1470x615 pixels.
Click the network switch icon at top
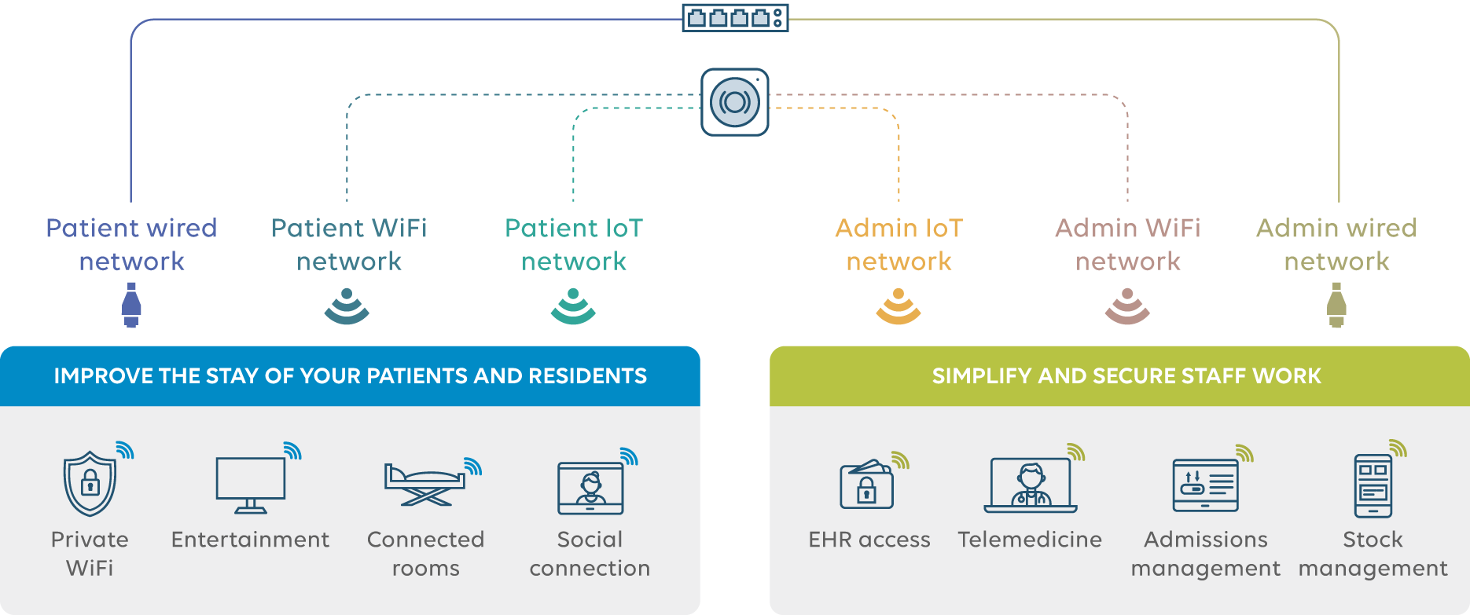click(734, 17)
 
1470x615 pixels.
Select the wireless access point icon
click(734, 102)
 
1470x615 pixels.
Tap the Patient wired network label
click(131, 244)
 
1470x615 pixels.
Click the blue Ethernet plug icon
click(131, 305)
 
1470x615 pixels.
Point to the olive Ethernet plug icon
click(1336, 305)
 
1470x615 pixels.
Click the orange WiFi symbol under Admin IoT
click(899, 306)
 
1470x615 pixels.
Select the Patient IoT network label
click(574, 244)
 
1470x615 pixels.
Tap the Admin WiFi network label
click(1127, 244)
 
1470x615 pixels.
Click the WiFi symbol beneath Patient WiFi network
click(347, 306)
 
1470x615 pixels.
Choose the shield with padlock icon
click(90, 483)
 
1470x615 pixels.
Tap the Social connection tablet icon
click(590, 488)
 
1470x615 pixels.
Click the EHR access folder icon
click(867, 485)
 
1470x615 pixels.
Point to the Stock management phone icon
click(1373, 485)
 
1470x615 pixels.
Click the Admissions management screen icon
click(1205, 485)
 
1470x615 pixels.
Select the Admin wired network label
click(1336, 244)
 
